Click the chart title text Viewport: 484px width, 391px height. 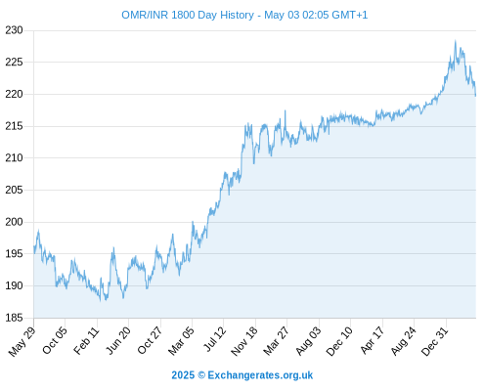click(244, 15)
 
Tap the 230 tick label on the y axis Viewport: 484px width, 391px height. click(14, 30)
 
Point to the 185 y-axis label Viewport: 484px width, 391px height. click(14, 318)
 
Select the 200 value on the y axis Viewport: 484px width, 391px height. click(14, 222)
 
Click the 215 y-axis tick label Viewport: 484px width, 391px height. click(14, 126)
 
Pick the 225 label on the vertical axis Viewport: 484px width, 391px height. click(14, 62)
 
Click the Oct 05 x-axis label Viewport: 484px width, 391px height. click(55, 340)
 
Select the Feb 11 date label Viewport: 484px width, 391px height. click(86, 340)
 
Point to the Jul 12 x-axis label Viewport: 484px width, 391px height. click(215, 339)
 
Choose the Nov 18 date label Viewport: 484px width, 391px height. click(244, 341)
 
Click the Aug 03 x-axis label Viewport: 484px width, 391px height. click(308, 341)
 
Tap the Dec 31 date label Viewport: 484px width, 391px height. click(435, 341)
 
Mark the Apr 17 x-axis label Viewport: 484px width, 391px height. click(373, 340)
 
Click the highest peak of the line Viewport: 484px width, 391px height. click(456, 41)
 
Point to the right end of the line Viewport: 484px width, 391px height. click(475, 96)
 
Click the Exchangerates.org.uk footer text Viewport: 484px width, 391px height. click(260, 375)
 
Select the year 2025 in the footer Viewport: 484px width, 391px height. click(183, 375)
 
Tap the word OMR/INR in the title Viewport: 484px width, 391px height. click(145, 15)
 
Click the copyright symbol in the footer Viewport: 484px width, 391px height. click(201, 375)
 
